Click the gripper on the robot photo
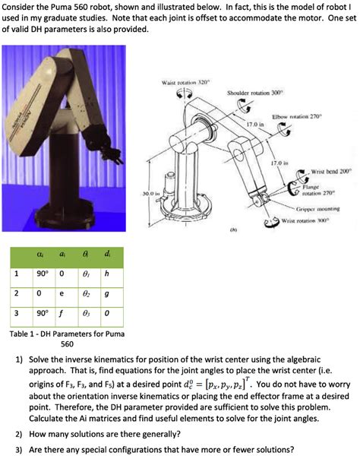(115, 157)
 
